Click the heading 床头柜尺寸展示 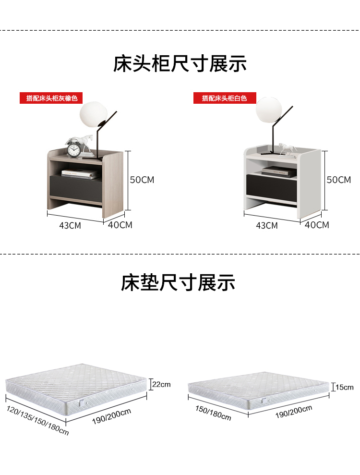180,64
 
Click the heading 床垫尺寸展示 178,283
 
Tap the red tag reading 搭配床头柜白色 224,98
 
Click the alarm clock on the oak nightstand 73,149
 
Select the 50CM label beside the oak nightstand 142,180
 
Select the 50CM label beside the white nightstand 339,180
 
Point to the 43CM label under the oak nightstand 71,225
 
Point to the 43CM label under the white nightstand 267,225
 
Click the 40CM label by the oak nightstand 120,224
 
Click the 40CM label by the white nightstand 317,224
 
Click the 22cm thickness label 161,384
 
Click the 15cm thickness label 344,387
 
